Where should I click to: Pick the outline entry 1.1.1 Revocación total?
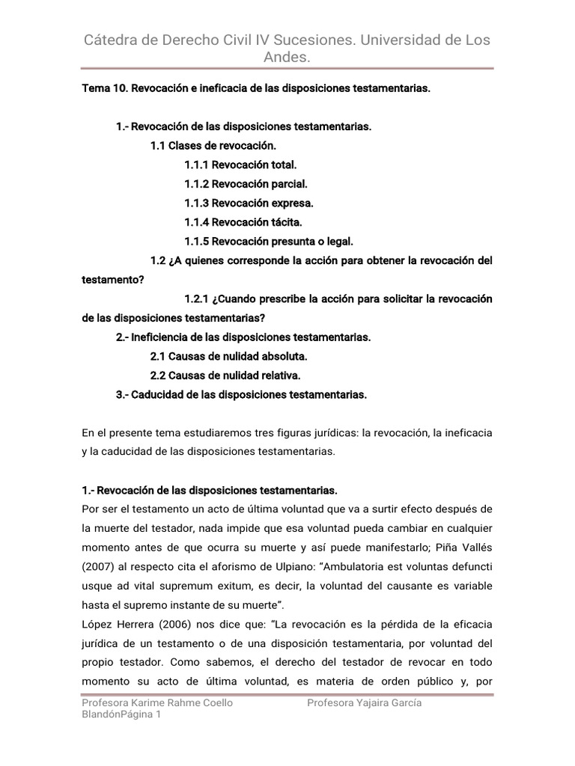240,164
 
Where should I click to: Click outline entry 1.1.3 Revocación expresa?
249,203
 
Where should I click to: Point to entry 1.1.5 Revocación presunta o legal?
268,241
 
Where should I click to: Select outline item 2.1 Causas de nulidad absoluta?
228,356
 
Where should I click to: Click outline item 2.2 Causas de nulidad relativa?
225,376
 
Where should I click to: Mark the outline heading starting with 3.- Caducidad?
241,394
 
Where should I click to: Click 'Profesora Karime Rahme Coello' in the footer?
157,703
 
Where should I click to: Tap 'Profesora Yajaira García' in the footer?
364,703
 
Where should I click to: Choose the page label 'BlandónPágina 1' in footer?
121,715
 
